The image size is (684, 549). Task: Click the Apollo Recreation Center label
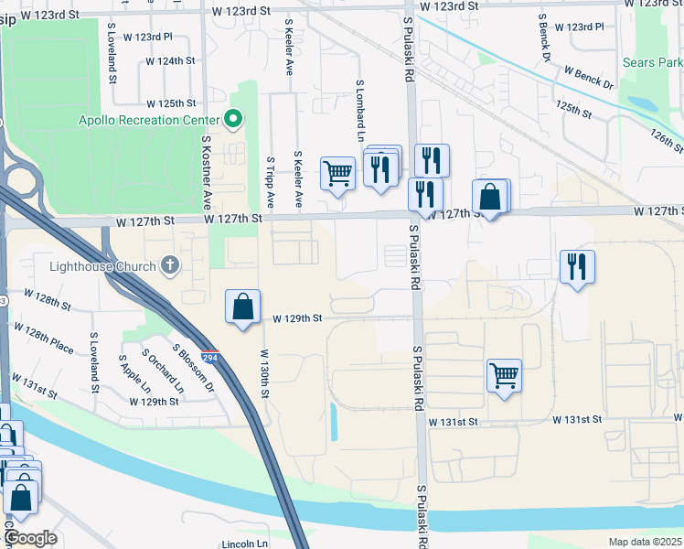pos(149,120)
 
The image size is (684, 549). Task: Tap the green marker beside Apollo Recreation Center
pos(233,119)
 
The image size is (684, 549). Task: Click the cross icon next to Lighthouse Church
pos(169,265)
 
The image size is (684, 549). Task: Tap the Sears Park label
pos(652,63)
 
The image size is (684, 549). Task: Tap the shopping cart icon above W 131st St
pos(504,374)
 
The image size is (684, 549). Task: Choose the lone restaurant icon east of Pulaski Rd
pos(576,266)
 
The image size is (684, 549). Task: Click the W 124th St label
pos(171,61)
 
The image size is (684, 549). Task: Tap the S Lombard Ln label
pos(360,103)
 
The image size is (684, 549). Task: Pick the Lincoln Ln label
pos(243,544)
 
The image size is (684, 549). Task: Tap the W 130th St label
pos(264,372)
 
